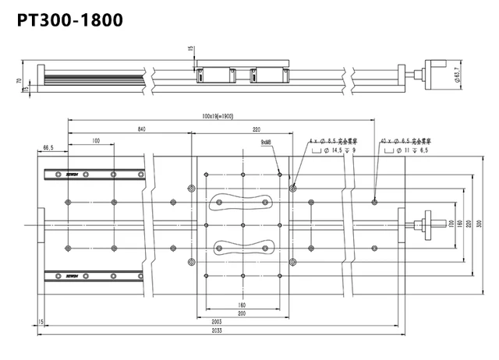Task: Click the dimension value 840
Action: pos(140,128)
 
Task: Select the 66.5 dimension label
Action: pos(48,147)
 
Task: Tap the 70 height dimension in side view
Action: pos(16,81)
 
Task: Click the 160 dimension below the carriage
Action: pos(243,305)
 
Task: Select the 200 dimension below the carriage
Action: pos(243,312)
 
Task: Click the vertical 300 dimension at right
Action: pos(480,224)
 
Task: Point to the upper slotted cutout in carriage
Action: pos(243,201)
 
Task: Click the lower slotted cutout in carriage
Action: pos(243,249)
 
